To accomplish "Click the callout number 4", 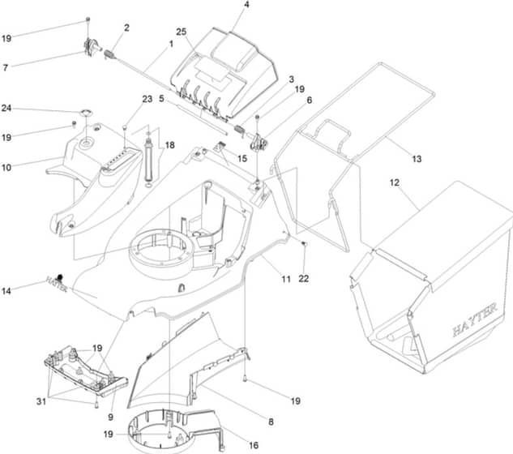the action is click(246, 5).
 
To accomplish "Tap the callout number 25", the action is click(182, 32).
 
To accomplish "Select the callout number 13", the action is click(417, 159).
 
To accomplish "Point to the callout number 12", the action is click(395, 182).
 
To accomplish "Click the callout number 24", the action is click(6, 108).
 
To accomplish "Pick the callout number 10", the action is click(6, 168).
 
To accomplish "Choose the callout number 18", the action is click(170, 145).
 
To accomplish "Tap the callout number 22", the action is click(304, 279).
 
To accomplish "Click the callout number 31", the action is click(41, 401).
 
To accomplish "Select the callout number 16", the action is click(254, 445).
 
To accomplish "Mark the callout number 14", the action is click(6, 291).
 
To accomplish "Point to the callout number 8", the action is click(271, 422).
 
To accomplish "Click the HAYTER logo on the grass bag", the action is click(475, 319).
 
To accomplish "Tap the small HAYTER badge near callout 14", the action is click(57, 284).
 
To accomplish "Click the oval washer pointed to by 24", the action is click(87, 113).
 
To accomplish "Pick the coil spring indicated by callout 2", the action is click(109, 54).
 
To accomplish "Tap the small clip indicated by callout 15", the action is click(220, 145).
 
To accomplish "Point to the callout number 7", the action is click(5, 67).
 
